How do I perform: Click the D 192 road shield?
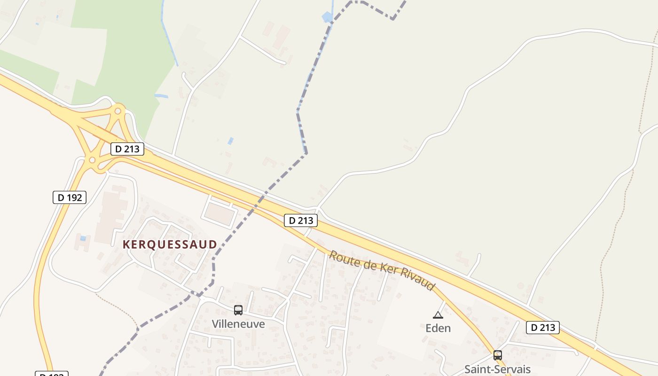point(70,197)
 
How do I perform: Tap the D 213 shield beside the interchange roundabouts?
point(127,149)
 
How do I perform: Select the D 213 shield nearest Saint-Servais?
point(542,328)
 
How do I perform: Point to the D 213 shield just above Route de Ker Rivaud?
point(301,220)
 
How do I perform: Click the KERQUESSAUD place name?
point(170,244)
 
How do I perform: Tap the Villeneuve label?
point(238,324)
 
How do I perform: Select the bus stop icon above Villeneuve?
point(238,310)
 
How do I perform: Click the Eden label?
point(438,328)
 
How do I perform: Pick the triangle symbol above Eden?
point(438,315)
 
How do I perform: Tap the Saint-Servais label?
point(497,369)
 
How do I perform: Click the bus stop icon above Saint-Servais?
point(498,355)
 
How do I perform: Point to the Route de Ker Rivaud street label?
point(381,270)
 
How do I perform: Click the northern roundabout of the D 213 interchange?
point(117,111)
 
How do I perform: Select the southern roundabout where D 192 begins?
point(92,160)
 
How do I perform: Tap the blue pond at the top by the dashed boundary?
point(327,17)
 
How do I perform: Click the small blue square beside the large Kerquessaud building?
point(83,238)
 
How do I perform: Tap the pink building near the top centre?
point(282,36)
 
